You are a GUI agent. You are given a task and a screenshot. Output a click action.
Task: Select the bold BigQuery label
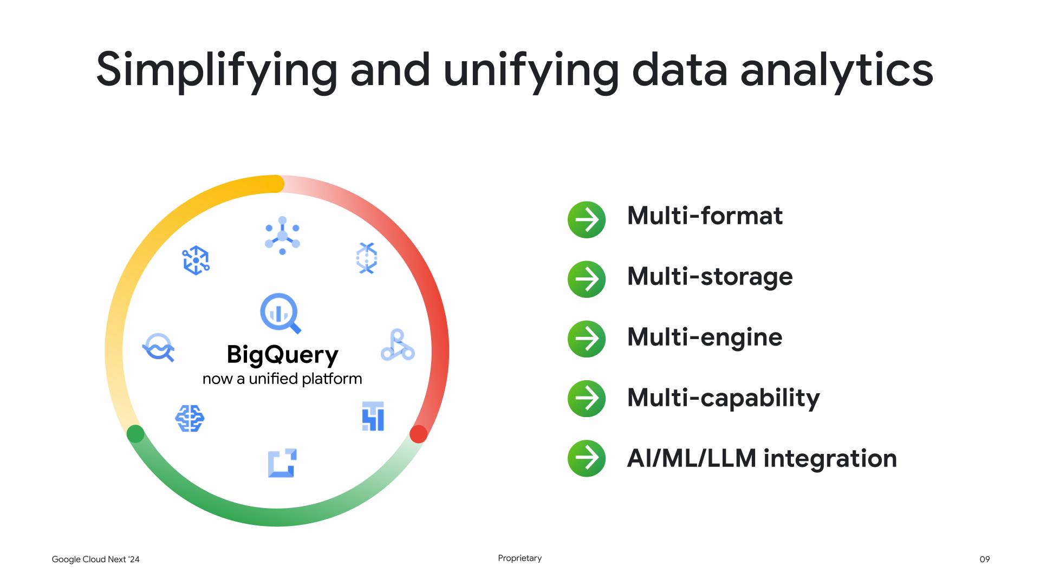pyautogui.click(x=282, y=355)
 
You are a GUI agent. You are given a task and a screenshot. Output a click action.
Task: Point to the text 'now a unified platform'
pyautogui.click(x=282, y=379)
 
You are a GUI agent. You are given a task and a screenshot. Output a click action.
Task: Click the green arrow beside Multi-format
pyautogui.click(x=586, y=220)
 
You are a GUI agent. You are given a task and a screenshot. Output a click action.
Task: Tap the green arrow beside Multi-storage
pyautogui.click(x=586, y=279)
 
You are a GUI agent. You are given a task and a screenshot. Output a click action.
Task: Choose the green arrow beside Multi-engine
pyautogui.click(x=586, y=339)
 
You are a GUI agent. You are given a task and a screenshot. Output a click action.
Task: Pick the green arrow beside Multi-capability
pyautogui.click(x=586, y=399)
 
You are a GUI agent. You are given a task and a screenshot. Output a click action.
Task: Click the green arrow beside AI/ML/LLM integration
pyautogui.click(x=586, y=458)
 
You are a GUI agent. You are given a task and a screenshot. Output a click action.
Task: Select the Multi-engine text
pyautogui.click(x=705, y=337)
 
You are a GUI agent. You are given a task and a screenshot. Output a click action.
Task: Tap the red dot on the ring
pyautogui.click(x=418, y=434)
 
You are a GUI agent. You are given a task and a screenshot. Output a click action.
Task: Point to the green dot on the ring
pyautogui.click(x=135, y=434)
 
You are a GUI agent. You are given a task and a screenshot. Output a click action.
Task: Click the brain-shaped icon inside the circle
pyautogui.click(x=190, y=419)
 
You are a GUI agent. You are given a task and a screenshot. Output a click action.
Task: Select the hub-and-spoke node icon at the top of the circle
pyautogui.click(x=282, y=236)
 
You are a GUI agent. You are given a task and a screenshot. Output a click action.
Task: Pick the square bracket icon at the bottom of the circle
pyautogui.click(x=282, y=463)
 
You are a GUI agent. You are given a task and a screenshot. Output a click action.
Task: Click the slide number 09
pyautogui.click(x=985, y=559)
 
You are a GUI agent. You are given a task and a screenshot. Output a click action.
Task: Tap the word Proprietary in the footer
pyautogui.click(x=520, y=558)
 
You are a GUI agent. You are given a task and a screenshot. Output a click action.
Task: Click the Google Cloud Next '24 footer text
pyautogui.click(x=95, y=559)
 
